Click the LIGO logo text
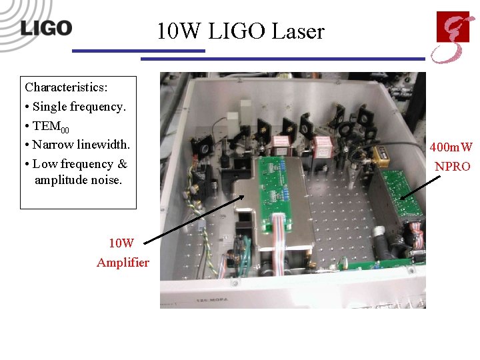(x=46, y=28)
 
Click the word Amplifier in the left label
(x=123, y=263)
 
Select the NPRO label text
(x=453, y=167)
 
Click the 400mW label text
(x=451, y=147)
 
